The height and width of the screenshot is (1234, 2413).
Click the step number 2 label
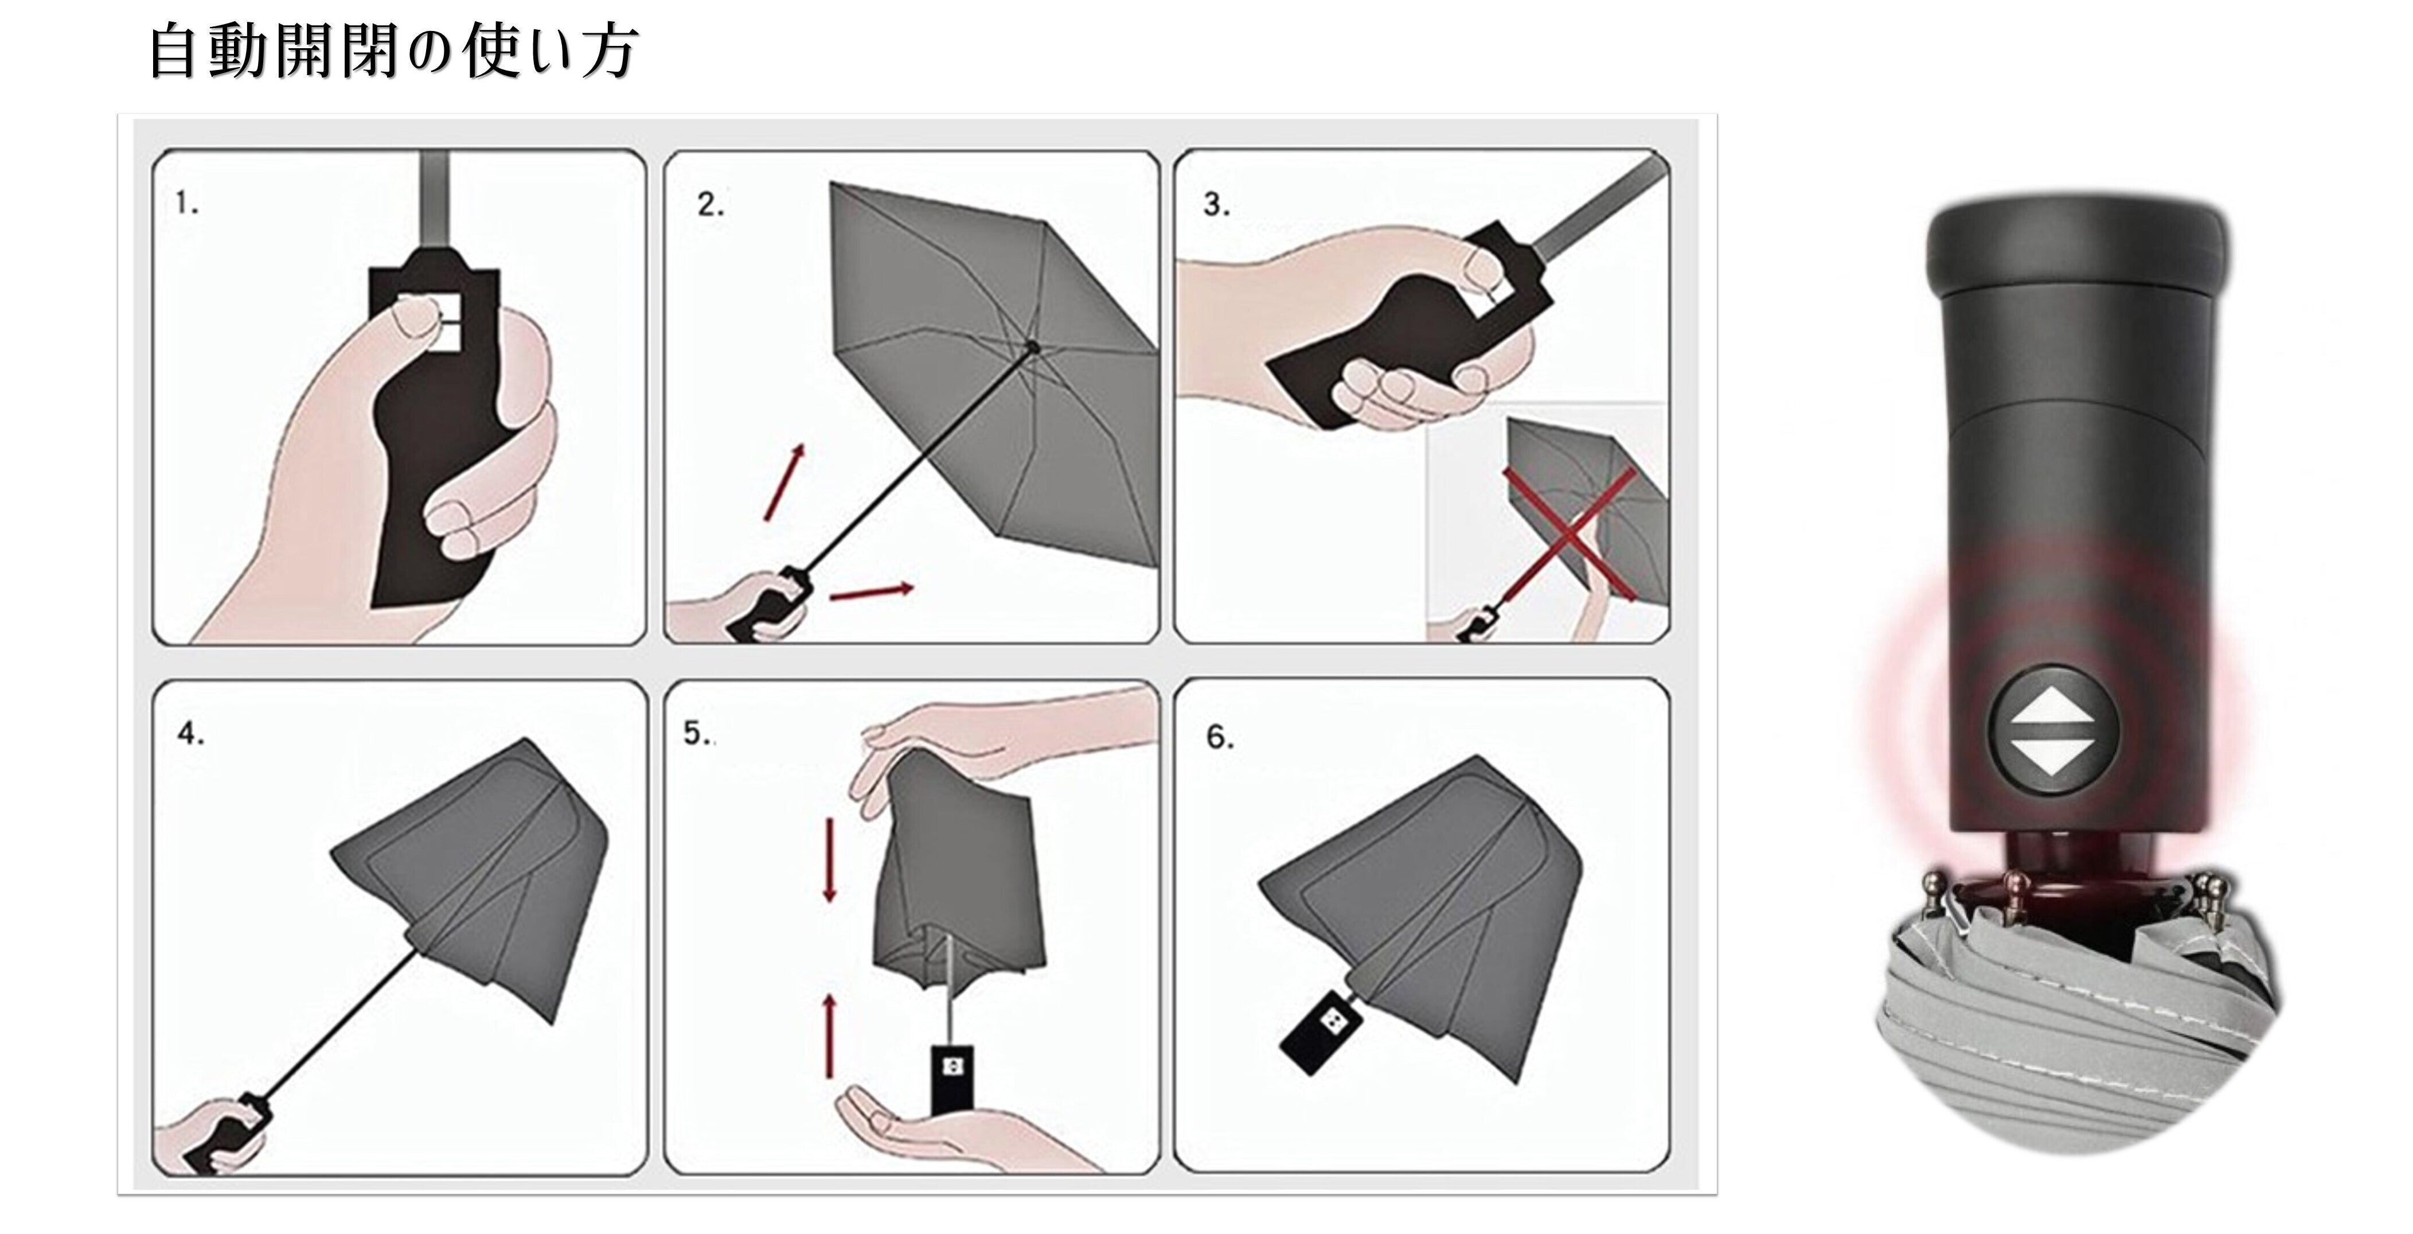coord(710,204)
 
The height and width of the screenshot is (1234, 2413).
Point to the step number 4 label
coord(190,734)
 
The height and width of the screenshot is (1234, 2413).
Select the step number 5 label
coord(696,733)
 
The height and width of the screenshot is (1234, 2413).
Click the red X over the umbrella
coord(1570,534)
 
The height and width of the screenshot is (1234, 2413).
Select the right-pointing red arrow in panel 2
coord(871,591)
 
